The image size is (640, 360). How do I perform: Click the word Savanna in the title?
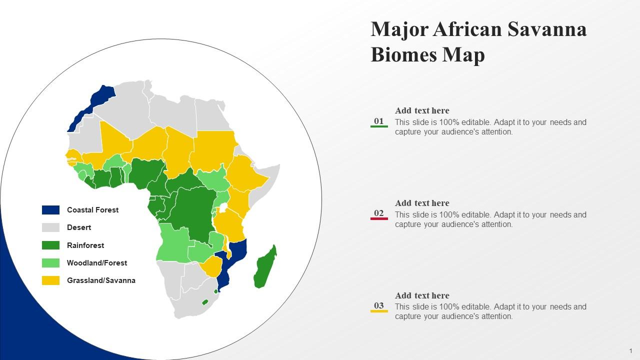pos(547,30)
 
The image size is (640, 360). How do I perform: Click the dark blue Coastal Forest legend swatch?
pos(50,210)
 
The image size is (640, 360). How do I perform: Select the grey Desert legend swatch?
pos(50,227)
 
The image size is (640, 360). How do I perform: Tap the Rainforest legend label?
pos(85,245)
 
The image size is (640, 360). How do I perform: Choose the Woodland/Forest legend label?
pos(97,263)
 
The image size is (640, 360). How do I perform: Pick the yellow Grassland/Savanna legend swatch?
pos(50,280)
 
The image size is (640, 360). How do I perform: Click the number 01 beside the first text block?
pos(379,121)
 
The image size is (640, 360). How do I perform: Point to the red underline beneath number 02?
pos(379,219)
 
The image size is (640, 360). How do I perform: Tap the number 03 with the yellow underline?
pos(379,305)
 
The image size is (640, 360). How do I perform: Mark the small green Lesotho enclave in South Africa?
pos(204,302)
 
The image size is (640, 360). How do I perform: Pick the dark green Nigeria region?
pos(148,172)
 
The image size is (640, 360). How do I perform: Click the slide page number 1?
pos(631,351)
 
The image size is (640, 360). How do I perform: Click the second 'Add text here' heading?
pos(422,203)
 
